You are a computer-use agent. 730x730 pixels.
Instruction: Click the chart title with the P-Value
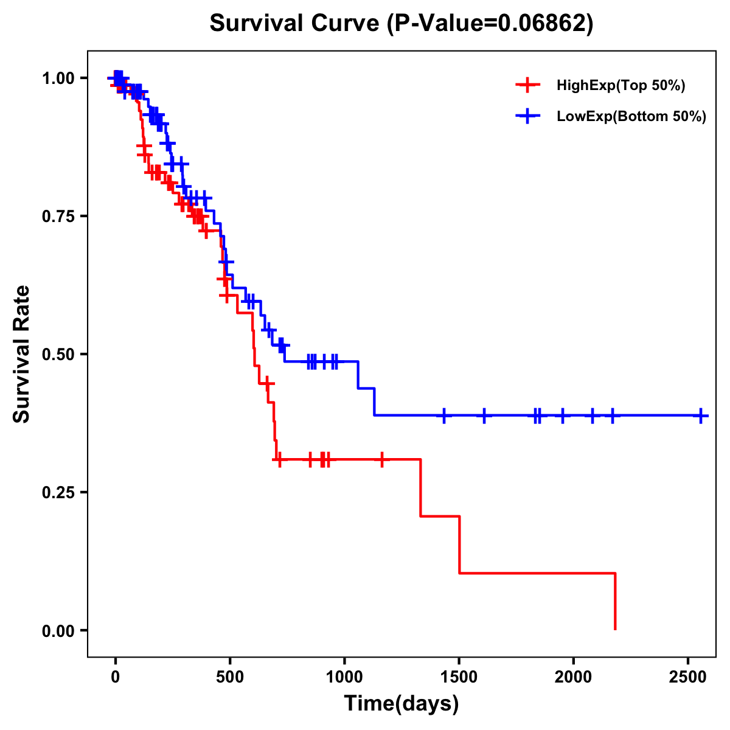(x=401, y=23)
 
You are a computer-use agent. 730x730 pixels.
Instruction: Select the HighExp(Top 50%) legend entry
(x=620, y=85)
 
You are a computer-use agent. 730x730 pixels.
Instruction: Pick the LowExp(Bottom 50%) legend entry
(x=631, y=116)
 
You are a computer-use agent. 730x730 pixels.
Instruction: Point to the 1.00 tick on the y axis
(x=58, y=78)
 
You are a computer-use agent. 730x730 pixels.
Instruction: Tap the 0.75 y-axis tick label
(x=58, y=216)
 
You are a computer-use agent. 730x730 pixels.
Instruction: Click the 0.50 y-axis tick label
(x=58, y=354)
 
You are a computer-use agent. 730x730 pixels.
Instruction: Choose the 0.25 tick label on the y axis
(x=58, y=492)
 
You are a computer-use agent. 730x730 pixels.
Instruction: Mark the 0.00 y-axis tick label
(x=58, y=630)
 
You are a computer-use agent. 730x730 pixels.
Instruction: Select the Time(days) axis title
(x=401, y=704)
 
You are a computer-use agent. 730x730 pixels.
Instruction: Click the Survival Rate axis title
(x=22, y=353)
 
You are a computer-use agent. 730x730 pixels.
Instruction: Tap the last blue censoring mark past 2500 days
(x=701, y=415)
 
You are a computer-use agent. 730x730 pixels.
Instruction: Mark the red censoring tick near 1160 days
(x=382, y=459)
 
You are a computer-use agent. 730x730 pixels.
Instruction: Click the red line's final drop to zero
(x=615, y=602)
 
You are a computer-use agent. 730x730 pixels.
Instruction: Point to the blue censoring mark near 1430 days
(x=444, y=415)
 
